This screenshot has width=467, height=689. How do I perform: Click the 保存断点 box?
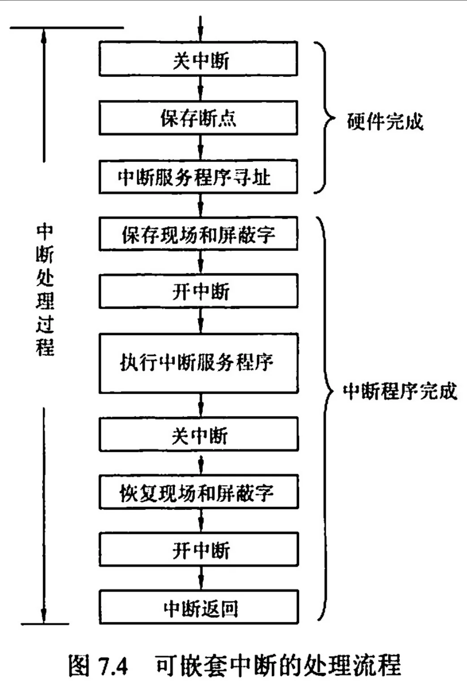pos(198,118)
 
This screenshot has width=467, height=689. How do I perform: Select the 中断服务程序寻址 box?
pos(198,177)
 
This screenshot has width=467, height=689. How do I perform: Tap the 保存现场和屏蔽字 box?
pos(198,234)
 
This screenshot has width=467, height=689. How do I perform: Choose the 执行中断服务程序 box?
pos(198,363)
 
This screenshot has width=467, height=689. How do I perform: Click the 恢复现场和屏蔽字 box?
pos(198,492)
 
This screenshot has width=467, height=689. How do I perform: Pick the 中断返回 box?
pos(198,608)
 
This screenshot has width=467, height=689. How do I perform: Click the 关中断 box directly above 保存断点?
pos(198,59)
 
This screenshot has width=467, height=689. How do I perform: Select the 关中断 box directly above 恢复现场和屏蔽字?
pos(198,434)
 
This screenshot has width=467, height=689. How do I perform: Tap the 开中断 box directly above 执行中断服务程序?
pos(198,292)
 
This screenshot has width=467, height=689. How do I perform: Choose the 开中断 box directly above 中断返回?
pos(198,549)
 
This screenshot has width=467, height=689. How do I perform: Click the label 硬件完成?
pos(385,121)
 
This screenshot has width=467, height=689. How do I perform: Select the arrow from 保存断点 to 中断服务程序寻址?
pos(201,147)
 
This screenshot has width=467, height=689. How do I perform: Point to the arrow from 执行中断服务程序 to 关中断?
pos(201,405)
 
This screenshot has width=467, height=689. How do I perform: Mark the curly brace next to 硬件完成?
pos(325,118)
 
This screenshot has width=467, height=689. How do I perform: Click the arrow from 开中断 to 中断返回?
pos(201,578)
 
